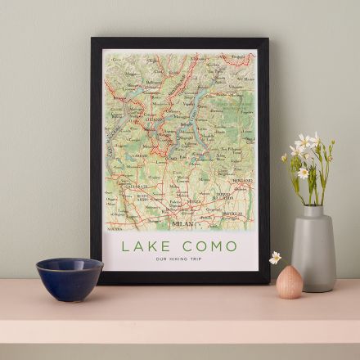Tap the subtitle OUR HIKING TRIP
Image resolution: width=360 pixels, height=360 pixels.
click(x=178, y=259)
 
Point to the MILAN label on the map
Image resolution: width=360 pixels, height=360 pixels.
click(x=182, y=223)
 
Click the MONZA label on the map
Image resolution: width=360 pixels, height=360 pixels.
click(x=194, y=200)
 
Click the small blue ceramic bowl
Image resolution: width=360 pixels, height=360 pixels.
click(x=70, y=278)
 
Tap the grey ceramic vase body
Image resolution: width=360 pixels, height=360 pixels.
click(x=313, y=254)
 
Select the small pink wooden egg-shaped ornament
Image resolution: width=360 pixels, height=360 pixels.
click(x=289, y=282)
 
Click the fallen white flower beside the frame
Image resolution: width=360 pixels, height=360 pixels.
click(x=276, y=257)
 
